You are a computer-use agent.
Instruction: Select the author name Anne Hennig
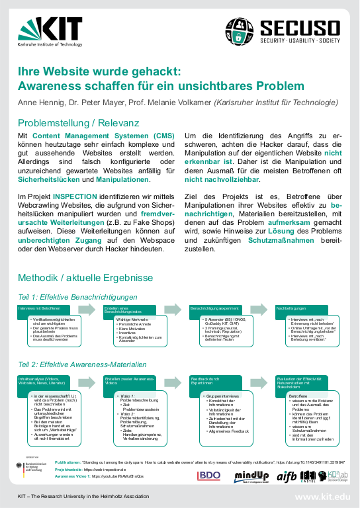tap(40, 103)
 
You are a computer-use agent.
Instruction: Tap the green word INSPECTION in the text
tap(75, 196)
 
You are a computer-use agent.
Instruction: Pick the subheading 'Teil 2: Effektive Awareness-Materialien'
tap(81, 364)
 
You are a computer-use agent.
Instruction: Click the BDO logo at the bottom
tap(208, 475)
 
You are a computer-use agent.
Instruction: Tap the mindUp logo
tap(251, 475)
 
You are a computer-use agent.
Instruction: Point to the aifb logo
tap(287, 475)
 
